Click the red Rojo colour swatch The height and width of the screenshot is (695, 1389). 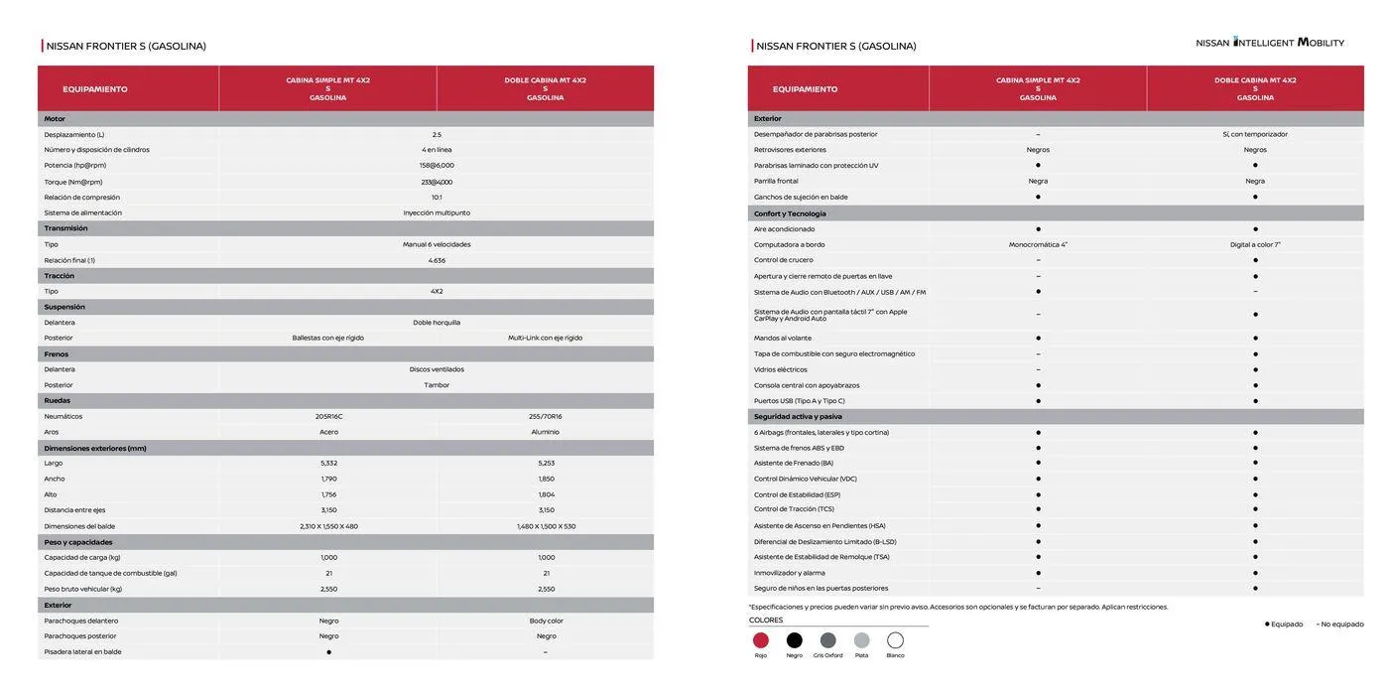coord(761,640)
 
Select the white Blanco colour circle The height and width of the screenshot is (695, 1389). coord(895,640)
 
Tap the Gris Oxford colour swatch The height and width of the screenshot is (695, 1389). coord(827,640)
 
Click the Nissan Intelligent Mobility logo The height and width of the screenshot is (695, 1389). coord(1270,43)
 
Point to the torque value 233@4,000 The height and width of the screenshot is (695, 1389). coord(437,182)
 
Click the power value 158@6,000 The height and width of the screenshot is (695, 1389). coord(437,166)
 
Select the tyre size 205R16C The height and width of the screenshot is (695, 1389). coord(328,417)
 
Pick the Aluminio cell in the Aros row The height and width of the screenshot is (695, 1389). coord(546,432)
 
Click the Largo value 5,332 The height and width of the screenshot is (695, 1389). coord(328,464)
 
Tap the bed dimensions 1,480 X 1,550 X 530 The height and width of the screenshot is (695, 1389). coord(546,526)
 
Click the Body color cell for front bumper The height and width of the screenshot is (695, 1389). coord(546,621)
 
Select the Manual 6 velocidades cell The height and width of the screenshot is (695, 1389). coord(437,244)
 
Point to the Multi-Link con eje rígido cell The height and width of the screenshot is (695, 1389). coord(546,338)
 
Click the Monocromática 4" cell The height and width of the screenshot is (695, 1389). coord(1038,244)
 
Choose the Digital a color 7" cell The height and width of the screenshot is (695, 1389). coord(1255,244)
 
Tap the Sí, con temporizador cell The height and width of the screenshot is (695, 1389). coord(1255,134)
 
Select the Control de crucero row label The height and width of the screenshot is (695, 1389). coord(783,260)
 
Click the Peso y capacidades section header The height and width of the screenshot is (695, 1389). coord(78,542)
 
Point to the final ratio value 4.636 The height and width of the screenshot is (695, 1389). coord(437,260)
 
